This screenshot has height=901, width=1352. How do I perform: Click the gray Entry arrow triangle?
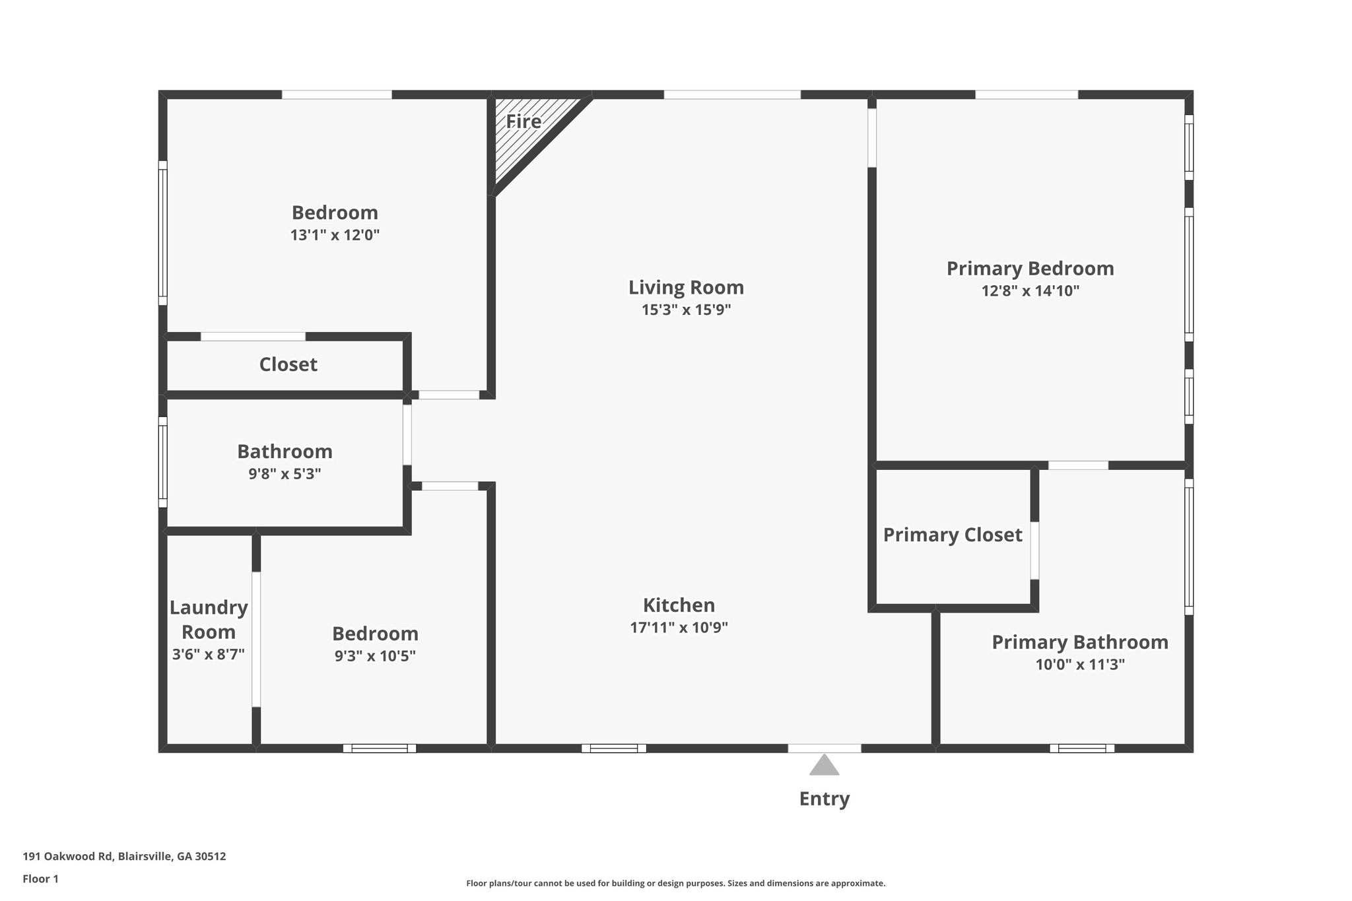click(x=824, y=766)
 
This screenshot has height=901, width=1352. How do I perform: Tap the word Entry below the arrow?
click(x=824, y=799)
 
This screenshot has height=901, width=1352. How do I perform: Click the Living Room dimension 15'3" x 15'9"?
click(x=686, y=310)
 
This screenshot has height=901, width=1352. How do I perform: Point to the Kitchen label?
click(x=679, y=605)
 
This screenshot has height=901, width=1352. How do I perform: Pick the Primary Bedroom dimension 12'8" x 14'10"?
click(x=1030, y=291)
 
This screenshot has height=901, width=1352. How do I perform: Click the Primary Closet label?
click(x=952, y=535)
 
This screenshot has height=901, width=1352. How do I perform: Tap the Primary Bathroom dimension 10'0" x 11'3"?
click(x=1079, y=665)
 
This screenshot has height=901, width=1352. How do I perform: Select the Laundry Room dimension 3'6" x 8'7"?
click(x=208, y=654)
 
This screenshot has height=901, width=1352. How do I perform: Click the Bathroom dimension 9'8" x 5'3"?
click(x=285, y=474)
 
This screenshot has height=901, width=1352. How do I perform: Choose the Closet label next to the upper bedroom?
click(x=288, y=364)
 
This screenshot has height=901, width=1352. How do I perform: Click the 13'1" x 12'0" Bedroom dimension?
click(x=335, y=235)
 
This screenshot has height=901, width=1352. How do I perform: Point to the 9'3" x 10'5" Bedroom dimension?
click(x=375, y=656)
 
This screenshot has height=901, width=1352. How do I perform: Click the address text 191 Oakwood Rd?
click(x=124, y=856)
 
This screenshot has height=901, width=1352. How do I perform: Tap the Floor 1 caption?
click(x=40, y=879)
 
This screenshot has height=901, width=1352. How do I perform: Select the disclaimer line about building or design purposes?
click(x=675, y=883)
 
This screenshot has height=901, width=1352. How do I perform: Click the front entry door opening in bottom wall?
click(x=824, y=749)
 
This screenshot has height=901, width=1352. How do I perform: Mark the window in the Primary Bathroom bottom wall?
click(x=1081, y=749)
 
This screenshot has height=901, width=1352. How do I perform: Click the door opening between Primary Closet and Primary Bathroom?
click(x=1034, y=551)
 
